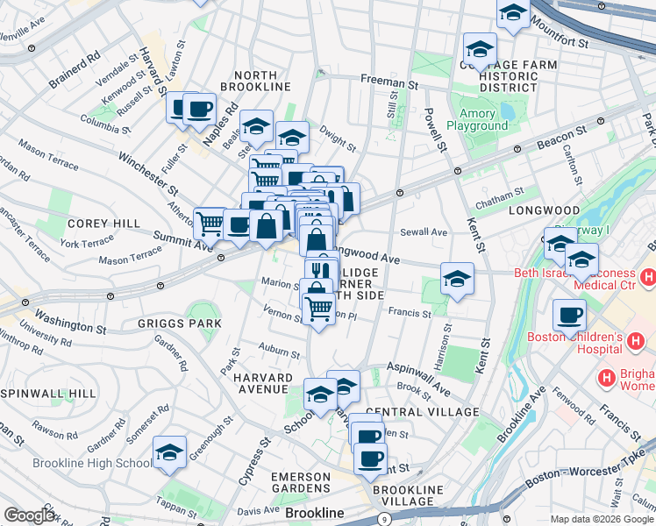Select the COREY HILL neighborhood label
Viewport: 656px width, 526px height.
pos(103,224)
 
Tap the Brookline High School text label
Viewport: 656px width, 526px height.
pos(92,463)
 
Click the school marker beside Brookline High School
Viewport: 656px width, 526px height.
pos(169,452)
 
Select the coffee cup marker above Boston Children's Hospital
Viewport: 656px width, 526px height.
pos(569,314)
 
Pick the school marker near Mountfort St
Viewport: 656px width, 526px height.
pos(513,13)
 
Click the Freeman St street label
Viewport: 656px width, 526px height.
pos(389,81)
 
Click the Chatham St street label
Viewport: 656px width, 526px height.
pos(498,195)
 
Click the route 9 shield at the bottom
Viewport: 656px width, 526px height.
pos(384,520)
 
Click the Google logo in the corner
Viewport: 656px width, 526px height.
pos(29,515)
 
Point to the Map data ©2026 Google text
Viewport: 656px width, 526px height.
pos(602,519)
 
